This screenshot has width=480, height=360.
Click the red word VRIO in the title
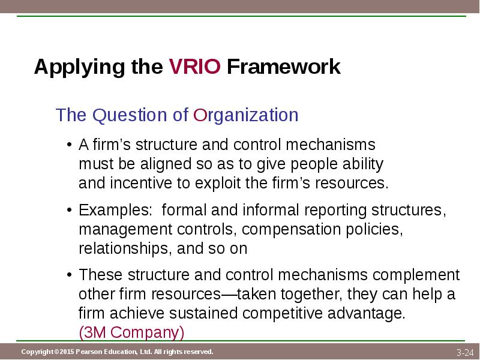[194, 67]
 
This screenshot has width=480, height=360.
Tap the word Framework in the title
[283, 67]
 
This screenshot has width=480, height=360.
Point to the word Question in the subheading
[130, 115]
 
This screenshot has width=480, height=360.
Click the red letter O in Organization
[200, 115]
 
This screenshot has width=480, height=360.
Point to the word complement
[416, 275]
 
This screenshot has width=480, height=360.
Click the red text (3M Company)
[131, 332]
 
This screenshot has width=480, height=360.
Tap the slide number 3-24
[465, 353]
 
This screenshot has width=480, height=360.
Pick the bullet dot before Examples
[70, 211]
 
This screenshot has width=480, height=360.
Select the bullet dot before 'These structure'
[70, 275]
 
